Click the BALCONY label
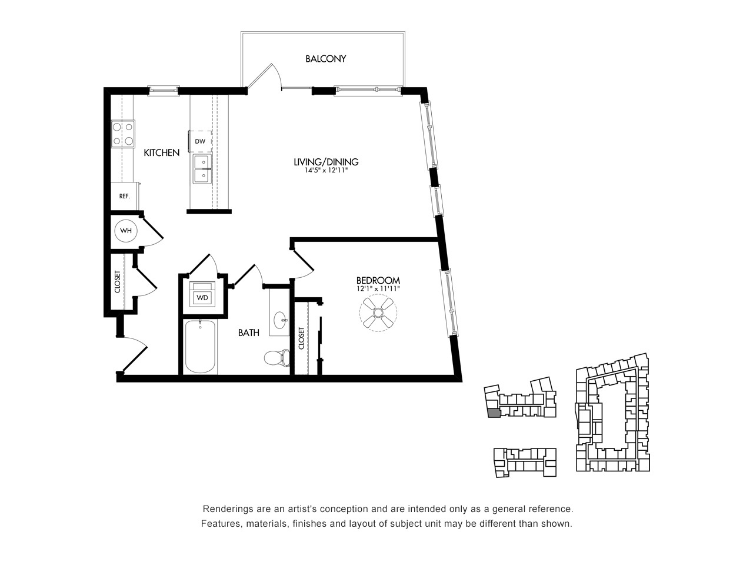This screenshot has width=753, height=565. click(325, 59)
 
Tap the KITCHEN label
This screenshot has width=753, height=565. click(161, 152)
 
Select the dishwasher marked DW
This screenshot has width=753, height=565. click(200, 141)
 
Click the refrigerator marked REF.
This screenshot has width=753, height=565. click(124, 196)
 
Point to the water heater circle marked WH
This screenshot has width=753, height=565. click(126, 231)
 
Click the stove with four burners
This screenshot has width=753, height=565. click(123, 134)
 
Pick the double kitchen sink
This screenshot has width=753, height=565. click(202, 169)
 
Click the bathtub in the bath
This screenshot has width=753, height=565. click(201, 347)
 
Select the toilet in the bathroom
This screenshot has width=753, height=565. click(277, 357)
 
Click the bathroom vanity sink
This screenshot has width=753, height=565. click(281, 320)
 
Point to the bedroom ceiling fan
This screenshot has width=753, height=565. click(378, 313)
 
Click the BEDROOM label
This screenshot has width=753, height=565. click(378, 280)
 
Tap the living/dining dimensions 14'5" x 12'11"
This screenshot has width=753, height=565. click(326, 170)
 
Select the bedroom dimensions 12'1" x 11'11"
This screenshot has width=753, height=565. click(378, 288)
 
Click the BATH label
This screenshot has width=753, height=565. click(249, 333)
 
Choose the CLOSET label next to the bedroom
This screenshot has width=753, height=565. click(302, 338)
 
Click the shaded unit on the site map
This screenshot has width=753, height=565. click(494, 413)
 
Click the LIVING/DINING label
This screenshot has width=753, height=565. click(326, 162)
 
